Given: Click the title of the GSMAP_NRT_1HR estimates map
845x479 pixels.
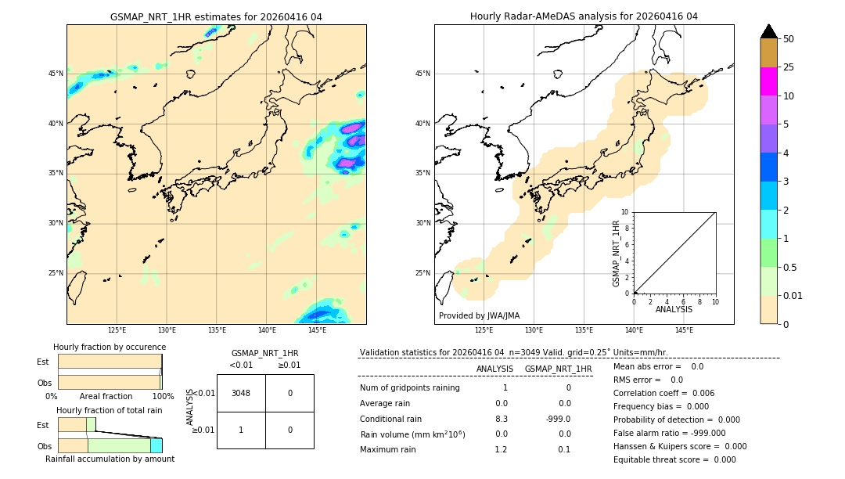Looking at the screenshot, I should pos(216,16).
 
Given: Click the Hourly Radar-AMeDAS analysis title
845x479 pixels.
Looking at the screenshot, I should pos(584,16).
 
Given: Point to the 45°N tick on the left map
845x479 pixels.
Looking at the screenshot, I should pos(56,74).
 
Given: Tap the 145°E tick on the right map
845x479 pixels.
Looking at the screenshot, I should pos(684,330).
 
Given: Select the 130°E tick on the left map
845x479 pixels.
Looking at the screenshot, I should pos(167,330).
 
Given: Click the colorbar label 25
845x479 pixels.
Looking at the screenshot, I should pos(789,67).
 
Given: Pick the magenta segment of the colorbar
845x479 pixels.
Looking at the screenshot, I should pos(768,81).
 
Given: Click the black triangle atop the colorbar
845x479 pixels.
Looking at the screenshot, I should pos(768,31).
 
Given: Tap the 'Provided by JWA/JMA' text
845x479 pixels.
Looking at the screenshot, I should pos(479,315).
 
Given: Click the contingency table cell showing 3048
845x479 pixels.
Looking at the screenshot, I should pos(241,393).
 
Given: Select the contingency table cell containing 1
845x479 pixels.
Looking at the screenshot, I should pos(241,430).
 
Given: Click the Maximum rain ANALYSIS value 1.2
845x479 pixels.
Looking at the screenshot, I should pos(501,449).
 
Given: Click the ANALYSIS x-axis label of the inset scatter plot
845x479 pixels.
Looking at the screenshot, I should pos(674,309).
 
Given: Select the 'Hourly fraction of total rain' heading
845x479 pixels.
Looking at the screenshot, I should pos(109,410).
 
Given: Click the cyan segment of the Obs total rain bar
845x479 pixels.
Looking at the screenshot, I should pos(156,445).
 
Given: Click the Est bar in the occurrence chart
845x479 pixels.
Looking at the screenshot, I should pos(110,362).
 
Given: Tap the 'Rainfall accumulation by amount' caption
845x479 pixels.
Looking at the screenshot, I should pos(110,459).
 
